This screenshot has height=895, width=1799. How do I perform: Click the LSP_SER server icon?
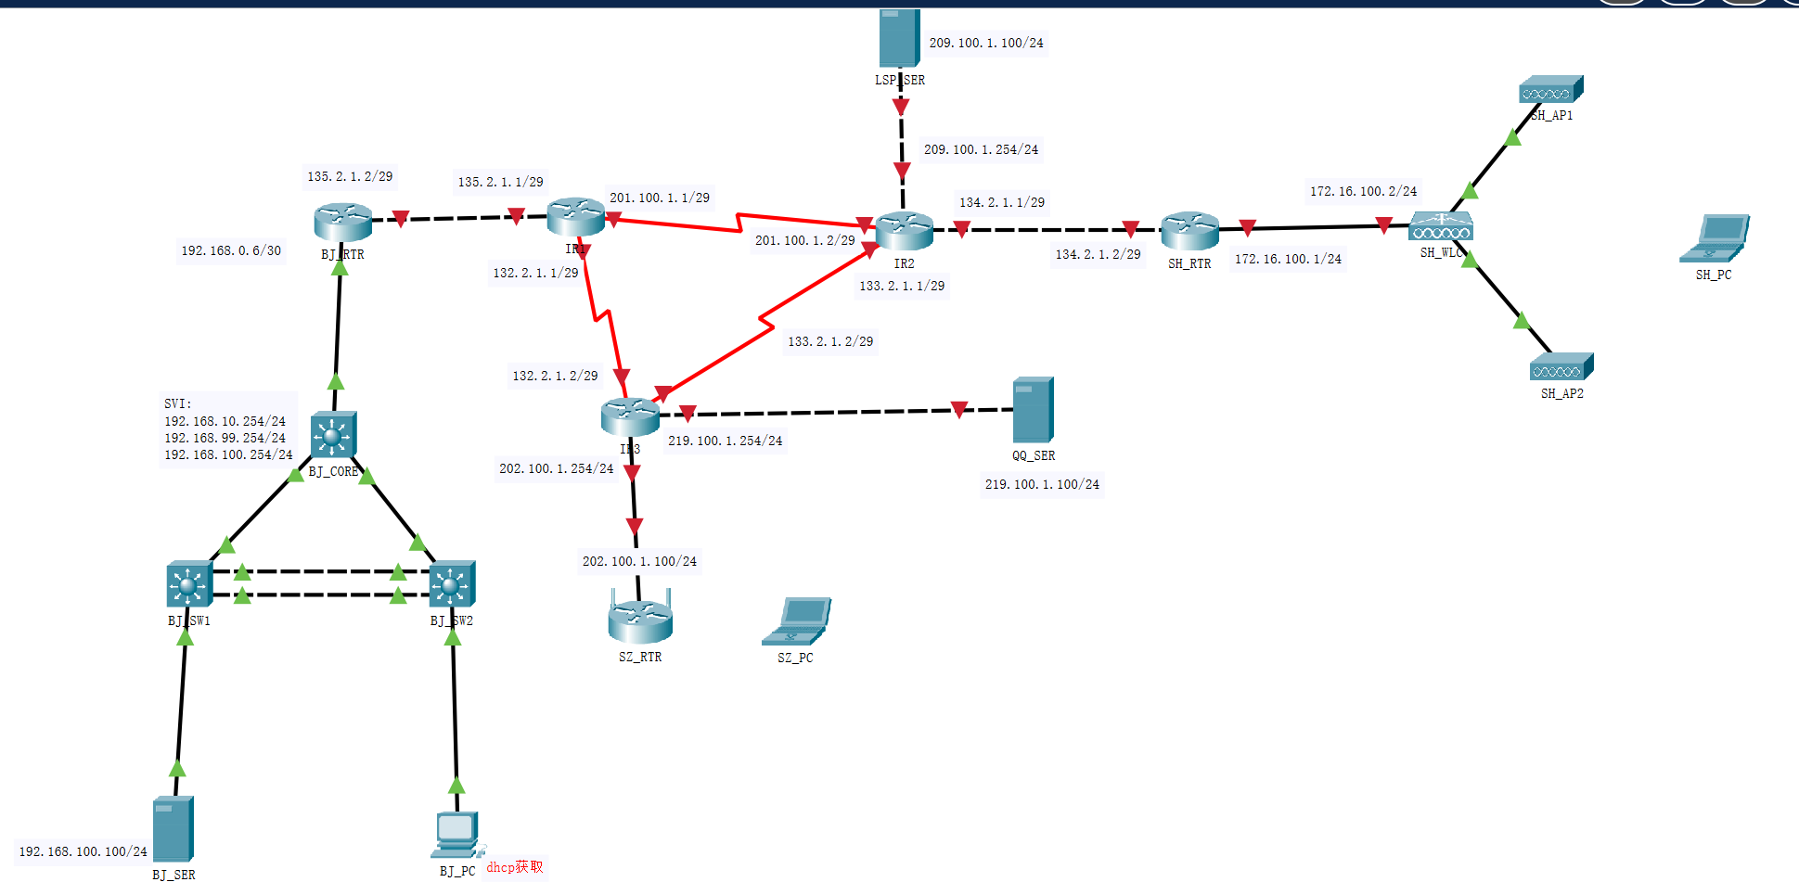tap(899, 38)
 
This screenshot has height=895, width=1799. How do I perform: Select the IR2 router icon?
tap(904, 231)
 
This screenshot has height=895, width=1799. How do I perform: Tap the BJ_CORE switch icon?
tap(333, 434)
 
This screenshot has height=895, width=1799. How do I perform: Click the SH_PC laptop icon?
tap(1715, 238)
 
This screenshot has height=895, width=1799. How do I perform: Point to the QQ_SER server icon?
tap(1033, 409)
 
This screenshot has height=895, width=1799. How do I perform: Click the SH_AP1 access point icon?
tap(1550, 90)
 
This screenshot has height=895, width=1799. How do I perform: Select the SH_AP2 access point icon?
tap(1561, 367)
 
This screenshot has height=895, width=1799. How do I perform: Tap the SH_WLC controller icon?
tap(1440, 226)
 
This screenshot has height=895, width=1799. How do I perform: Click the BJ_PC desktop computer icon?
tap(456, 835)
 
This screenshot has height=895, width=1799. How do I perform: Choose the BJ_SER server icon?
tap(173, 829)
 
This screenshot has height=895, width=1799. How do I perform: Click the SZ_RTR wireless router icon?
tap(640, 620)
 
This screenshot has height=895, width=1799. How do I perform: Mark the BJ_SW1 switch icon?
tap(189, 583)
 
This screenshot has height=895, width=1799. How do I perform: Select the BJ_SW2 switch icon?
tap(452, 583)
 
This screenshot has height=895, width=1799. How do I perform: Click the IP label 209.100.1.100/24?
tap(986, 43)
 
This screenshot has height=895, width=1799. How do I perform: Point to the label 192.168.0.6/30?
tap(231, 250)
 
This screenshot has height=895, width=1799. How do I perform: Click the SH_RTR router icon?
tap(1189, 230)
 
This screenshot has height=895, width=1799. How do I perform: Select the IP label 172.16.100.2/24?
tap(1363, 191)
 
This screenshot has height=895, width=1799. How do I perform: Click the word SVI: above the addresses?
tap(178, 403)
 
